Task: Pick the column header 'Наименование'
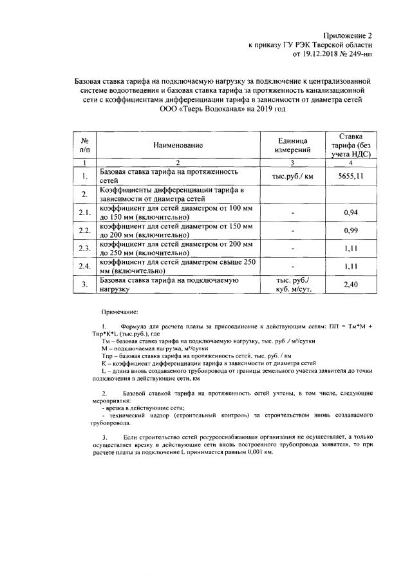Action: [x=178, y=146]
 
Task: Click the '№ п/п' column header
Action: [x=84, y=146]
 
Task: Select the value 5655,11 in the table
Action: [x=350, y=176]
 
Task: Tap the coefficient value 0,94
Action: [x=350, y=212]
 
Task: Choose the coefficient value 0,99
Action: [x=350, y=230]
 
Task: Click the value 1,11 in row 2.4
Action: [x=350, y=266]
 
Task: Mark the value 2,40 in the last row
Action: [x=350, y=284]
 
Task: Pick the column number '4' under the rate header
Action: [x=350, y=164]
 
